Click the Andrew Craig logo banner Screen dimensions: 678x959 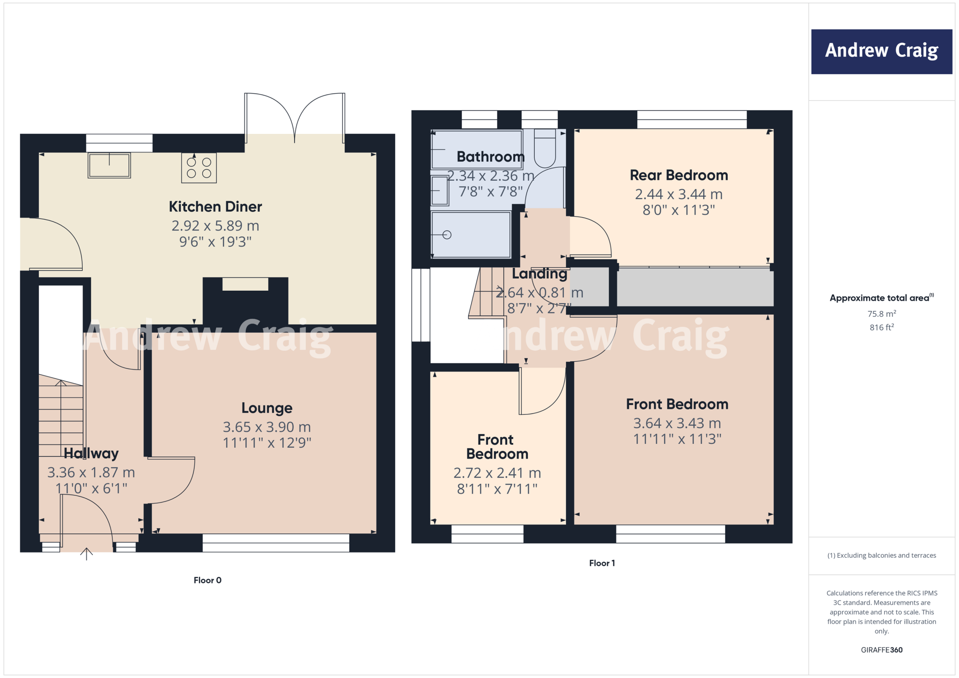coord(881,52)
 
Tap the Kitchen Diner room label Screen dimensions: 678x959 coord(215,206)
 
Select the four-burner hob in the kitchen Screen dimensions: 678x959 coord(199,168)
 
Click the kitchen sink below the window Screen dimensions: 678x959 coord(109,165)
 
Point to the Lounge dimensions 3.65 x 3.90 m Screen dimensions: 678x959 coord(266,427)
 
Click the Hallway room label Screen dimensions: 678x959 coord(91,453)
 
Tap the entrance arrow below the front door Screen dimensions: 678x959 coord(87,554)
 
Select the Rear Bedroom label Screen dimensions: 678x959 coord(679,175)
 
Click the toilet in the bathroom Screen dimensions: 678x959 coord(545,149)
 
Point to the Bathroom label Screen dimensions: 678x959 coord(490,157)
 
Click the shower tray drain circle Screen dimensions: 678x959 coord(447,235)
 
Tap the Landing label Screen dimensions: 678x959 coord(539,273)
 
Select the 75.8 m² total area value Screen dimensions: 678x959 coord(881,314)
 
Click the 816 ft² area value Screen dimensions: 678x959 coord(881,327)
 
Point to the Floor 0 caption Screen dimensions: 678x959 coord(207,580)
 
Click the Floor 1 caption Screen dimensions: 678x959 coord(602,563)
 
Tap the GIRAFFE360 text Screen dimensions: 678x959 coord(881,650)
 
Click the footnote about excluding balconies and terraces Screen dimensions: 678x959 coord(881,555)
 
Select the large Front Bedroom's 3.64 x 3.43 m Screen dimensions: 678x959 coord(677,423)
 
